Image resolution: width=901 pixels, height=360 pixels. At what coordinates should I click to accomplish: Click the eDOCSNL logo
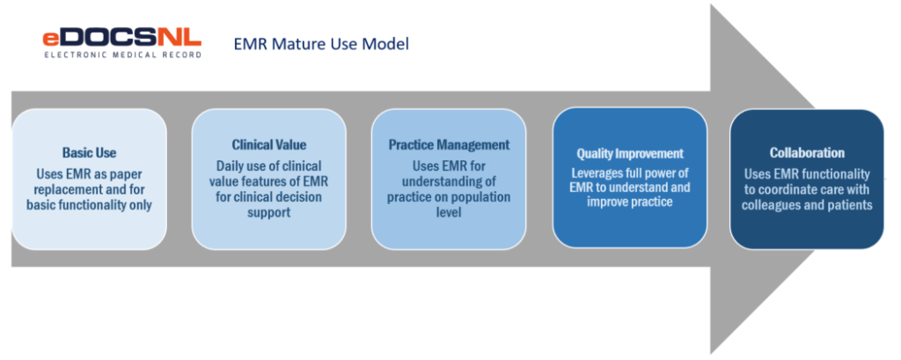coord(121,38)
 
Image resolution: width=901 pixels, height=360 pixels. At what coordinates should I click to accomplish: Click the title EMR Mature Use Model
coord(321,43)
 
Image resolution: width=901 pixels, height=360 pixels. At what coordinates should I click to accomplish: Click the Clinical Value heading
coord(269,144)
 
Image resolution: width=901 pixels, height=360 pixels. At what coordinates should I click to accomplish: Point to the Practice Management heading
coord(449,144)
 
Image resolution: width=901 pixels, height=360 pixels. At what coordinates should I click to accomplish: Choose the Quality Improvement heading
coord(629,153)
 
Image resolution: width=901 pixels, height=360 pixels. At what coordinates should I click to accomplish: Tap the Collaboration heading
coord(807,152)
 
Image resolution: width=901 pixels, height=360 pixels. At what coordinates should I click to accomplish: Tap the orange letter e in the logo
coord(51,39)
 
